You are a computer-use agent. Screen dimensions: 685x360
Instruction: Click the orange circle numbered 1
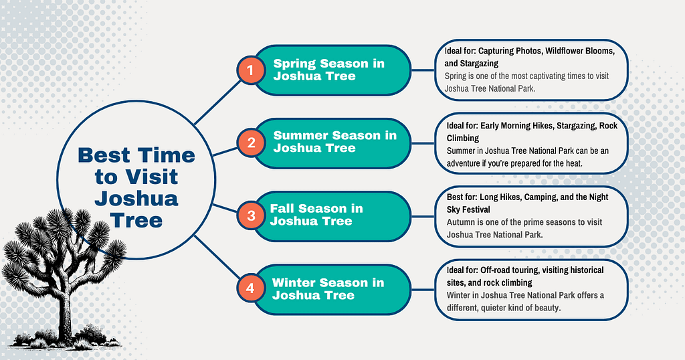251,70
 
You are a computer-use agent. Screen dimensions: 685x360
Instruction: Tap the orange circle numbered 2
252,143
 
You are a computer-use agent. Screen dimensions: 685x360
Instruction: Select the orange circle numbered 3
252,215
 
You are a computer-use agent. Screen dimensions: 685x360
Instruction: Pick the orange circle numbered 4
251,288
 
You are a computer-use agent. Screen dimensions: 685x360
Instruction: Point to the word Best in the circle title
104,155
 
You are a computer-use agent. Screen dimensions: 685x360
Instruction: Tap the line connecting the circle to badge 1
217,103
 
